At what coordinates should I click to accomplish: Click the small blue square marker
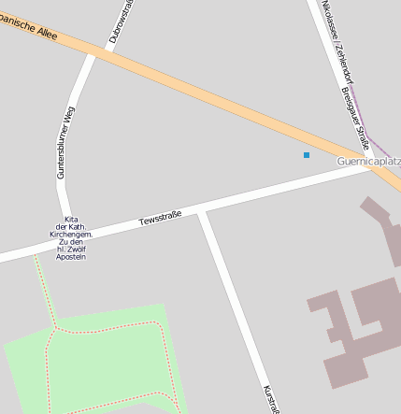[306, 154]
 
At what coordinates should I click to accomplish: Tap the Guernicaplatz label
[368, 162]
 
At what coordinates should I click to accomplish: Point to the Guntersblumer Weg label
[64, 142]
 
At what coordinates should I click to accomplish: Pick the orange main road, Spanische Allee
[215, 93]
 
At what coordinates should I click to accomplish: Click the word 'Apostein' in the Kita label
[71, 257]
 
